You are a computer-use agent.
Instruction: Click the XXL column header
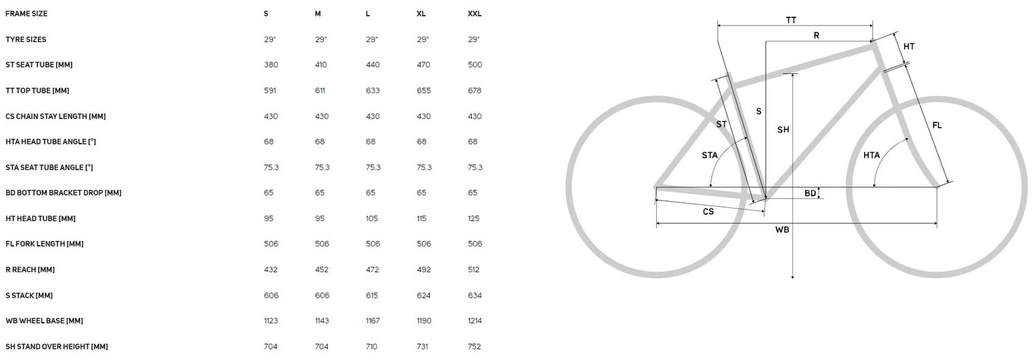[474, 14]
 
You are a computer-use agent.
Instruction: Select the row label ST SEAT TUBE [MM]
[39, 65]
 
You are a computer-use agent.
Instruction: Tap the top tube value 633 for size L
[373, 91]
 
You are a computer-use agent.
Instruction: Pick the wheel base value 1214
[474, 321]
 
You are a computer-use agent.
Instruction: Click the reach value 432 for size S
[271, 269]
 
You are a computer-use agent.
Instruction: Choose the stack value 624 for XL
[423, 295]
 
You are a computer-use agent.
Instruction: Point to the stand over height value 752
[474, 347]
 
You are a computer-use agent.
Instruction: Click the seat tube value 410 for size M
[321, 65]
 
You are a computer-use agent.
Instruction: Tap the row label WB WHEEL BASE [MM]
[44, 321]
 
